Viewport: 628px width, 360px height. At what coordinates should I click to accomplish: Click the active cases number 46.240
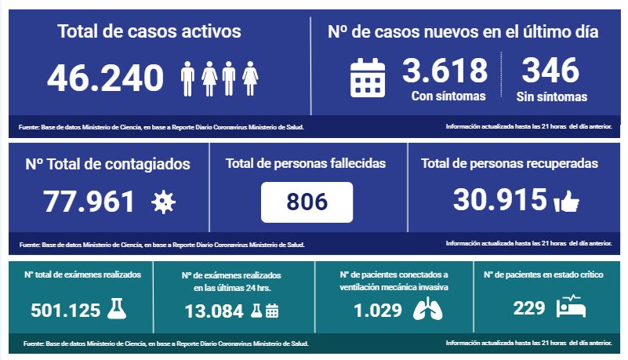coord(106,78)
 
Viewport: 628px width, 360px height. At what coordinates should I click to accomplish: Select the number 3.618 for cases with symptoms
coord(445,71)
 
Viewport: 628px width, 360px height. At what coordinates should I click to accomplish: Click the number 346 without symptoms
coord(550,71)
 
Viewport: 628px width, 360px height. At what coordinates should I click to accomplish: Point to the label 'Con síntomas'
coord(448,96)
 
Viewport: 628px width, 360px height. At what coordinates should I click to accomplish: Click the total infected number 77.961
coord(89,202)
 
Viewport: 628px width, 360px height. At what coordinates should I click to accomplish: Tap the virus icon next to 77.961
coord(163,202)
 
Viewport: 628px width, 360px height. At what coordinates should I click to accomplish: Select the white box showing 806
coord(307,202)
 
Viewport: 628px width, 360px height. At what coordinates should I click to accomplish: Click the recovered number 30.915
coord(499,201)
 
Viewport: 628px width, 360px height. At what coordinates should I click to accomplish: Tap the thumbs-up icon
coord(566,202)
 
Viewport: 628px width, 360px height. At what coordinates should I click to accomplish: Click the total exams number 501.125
coord(65,310)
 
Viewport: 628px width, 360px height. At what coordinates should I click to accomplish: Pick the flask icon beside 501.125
coord(116,308)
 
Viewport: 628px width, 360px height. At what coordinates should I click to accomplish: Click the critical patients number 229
coord(529,308)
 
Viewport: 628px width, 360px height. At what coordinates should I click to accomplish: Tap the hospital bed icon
coord(572,307)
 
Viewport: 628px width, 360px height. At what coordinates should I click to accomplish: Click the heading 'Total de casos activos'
coord(149,31)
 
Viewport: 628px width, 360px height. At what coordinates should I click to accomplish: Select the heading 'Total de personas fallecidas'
coord(306,164)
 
